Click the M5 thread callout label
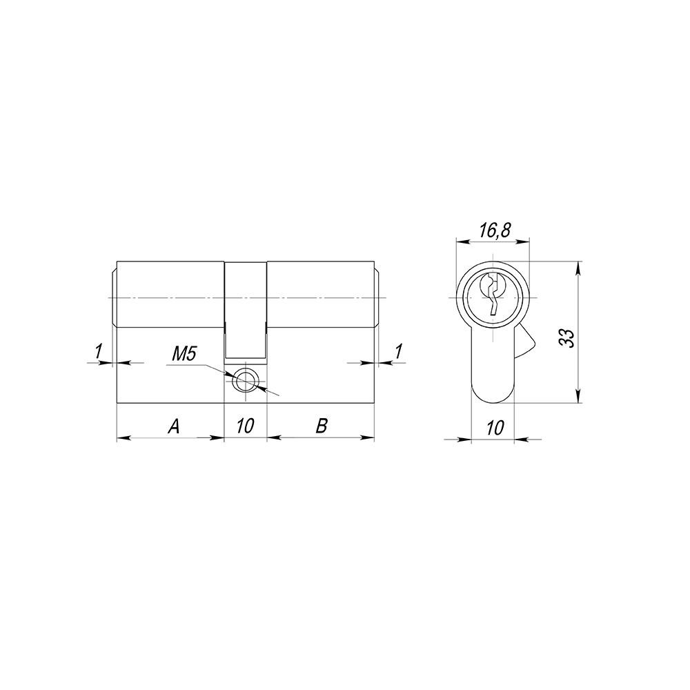coord(184,355)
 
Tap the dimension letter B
coord(321,427)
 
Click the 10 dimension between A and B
coord(245,427)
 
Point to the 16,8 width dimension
coord(493,231)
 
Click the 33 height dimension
coord(566,337)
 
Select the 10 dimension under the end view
coord(493,428)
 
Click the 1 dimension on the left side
coord(98,352)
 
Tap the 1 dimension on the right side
coord(398,352)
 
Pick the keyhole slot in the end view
coord(493,295)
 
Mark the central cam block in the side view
coord(245,310)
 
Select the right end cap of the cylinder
coord(377,297)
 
